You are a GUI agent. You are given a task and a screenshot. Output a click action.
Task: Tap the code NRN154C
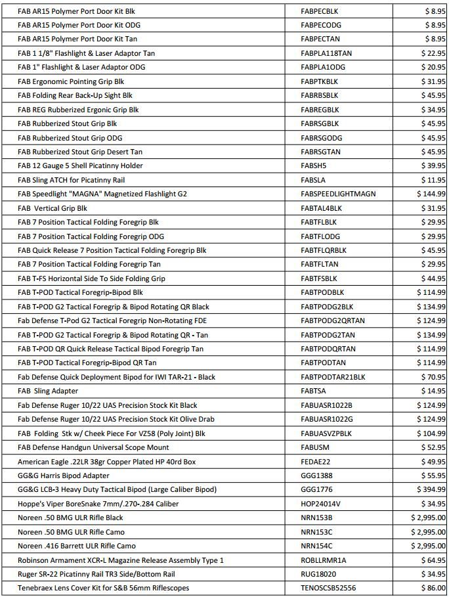tap(316, 546)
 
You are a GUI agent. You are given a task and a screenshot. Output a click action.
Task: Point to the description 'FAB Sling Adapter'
tap(48, 391)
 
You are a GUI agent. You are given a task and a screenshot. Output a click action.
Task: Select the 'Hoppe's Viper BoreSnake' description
tap(98, 504)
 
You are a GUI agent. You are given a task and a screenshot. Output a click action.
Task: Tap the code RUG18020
tap(318, 574)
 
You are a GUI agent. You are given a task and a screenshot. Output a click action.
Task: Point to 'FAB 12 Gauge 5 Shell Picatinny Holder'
tap(80, 166)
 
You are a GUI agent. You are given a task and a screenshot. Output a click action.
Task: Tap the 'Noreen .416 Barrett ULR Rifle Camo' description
tap(77, 546)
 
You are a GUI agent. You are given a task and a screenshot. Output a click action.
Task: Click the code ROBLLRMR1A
tap(323, 560)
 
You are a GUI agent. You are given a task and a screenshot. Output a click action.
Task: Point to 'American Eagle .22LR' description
tap(107, 462)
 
